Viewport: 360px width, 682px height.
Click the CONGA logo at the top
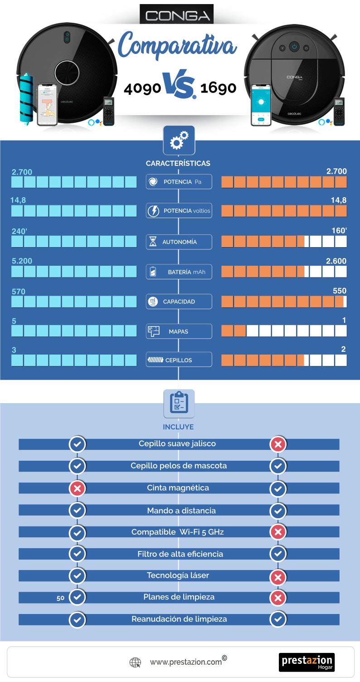pos(176,14)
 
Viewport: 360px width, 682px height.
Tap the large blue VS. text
pos(180,85)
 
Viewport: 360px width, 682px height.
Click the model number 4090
pos(142,88)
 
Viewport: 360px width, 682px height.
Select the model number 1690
pos(218,88)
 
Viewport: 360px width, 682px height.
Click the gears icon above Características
pos(179,141)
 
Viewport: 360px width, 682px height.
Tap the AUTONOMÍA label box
pos(179,242)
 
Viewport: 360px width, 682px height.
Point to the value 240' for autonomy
pos(19,231)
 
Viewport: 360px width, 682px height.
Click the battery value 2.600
pos(336,261)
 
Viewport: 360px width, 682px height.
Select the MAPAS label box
pos(179,331)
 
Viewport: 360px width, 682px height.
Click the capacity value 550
pos(340,291)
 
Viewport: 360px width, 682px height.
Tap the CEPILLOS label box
pos(179,360)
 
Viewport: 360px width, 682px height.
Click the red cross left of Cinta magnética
pos(77,488)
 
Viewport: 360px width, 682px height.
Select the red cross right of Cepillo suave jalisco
pos(278,444)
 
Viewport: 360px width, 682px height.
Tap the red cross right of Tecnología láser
pos(278,577)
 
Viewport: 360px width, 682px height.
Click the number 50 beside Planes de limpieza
pos(61,598)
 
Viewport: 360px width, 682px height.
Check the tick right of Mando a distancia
pos(278,511)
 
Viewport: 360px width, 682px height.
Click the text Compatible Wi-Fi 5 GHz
pos(177,532)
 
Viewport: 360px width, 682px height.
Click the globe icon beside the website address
pos(135,662)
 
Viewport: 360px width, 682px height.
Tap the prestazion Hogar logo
pos(307,662)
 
